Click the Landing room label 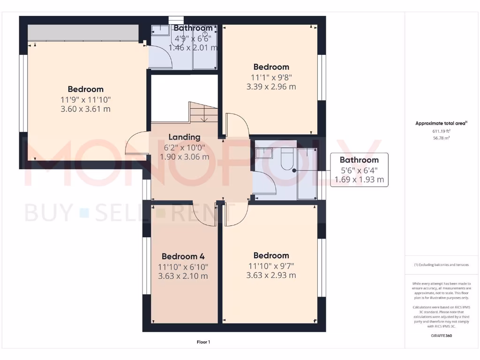[184, 137]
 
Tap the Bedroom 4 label [183, 256]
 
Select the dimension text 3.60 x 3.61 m [85, 109]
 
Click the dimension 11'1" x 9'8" [271, 77]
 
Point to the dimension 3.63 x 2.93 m [271, 275]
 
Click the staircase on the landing [203, 112]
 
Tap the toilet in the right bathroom [286, 160]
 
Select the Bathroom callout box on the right [359, 170]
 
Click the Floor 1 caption [203, 342]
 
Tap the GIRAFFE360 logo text [441, 336]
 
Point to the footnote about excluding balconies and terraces [441, 265]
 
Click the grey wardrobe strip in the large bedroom [83, 32]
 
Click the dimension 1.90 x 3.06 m [184, 157]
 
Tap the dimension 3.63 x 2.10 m [183, 276]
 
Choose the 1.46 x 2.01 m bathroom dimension [193, 47]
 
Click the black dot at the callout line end [294, 171]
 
